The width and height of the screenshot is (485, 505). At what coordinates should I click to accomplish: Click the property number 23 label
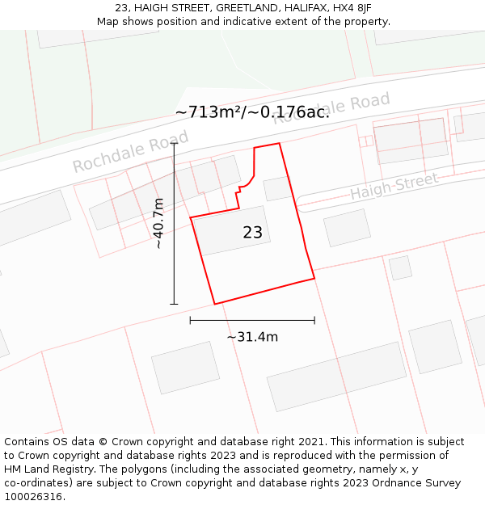252,233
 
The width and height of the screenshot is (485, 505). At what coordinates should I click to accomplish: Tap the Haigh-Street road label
394,187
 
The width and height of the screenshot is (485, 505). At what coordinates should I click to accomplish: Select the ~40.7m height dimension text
159,223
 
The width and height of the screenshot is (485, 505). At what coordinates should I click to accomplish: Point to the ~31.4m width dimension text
252,337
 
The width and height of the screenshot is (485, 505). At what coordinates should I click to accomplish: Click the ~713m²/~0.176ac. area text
252,112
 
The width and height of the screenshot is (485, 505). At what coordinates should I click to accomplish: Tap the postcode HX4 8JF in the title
352,8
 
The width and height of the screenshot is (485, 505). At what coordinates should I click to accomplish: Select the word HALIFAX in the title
302,8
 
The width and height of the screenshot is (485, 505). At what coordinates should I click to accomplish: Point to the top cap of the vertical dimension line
174,143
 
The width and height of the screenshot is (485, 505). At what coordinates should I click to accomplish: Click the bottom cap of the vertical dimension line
174,305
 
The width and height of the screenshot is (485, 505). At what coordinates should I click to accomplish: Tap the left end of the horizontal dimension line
190,321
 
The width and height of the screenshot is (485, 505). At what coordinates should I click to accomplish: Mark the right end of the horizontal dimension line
314,321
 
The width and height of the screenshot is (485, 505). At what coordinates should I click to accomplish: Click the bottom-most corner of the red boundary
215,304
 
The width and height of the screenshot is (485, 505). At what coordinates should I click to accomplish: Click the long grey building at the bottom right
336,377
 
